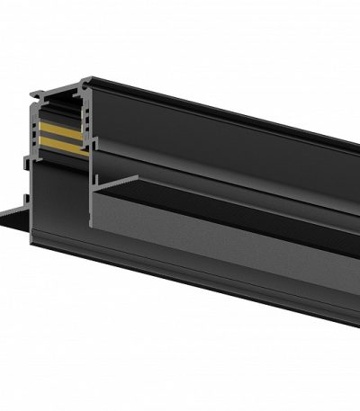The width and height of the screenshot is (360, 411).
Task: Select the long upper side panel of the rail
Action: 225,135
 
